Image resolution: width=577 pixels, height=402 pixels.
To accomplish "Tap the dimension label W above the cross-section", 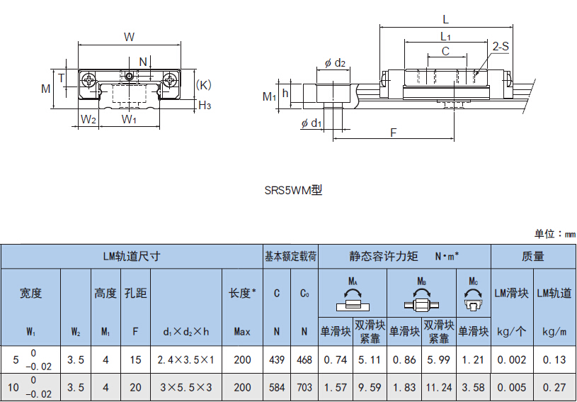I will (129, 36).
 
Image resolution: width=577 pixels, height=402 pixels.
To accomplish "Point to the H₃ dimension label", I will (204, 106).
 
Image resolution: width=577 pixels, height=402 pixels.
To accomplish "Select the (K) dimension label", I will (203, 84).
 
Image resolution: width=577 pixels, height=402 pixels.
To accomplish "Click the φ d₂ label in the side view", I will (335, 63).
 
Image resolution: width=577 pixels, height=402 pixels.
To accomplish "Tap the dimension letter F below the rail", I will (393, 133).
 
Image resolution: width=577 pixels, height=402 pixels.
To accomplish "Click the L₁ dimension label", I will (445, 35).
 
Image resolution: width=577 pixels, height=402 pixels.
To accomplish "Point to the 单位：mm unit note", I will (554, 234).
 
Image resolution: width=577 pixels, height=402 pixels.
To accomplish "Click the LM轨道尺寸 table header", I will (132, 256).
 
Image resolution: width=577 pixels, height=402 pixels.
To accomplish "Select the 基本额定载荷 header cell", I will (290, 256).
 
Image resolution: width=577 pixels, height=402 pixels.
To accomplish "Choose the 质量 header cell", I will (532, 256).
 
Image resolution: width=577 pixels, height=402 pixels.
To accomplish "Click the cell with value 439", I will (277, 359).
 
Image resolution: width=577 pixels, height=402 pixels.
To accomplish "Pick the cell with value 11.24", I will (439, 387).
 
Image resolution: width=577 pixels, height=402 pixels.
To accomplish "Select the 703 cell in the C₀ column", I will (304, 387).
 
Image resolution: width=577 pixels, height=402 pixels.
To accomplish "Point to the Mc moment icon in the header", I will (473, 294).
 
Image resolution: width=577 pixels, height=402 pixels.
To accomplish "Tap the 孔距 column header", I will (135, 293).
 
